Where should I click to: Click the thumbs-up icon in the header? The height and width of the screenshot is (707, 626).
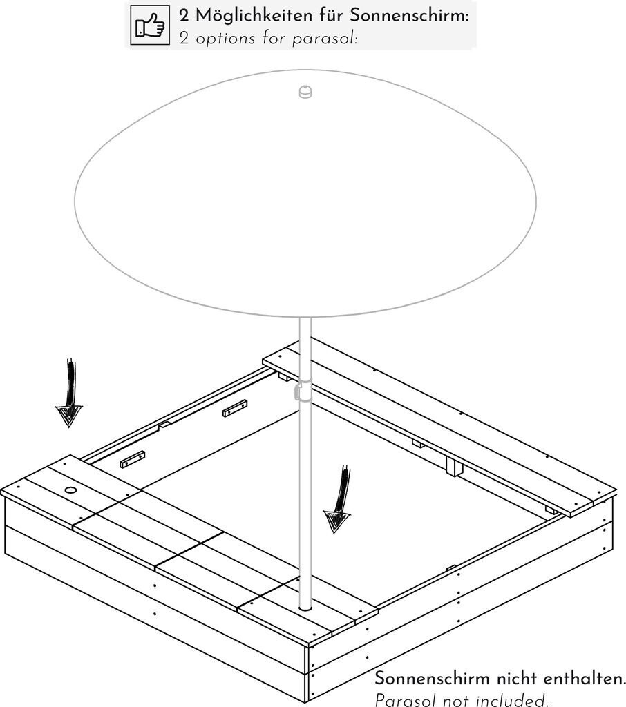tap(150, 26)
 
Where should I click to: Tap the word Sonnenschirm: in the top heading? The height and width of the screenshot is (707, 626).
tap(409, 15)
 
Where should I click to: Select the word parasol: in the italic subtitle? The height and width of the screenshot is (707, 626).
tap(325, 39)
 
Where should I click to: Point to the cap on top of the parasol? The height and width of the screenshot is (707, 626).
tap(305, 92)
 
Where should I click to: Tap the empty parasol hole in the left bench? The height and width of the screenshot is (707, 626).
tap(70, 490)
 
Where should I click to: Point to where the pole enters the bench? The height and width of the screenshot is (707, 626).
tap(305, 608)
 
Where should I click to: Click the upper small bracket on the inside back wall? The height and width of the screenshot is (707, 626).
tap(235, 407)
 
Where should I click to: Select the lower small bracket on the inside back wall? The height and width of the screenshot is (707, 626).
tap(133, 459)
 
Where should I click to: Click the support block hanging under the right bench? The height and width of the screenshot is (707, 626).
tap(455, 466)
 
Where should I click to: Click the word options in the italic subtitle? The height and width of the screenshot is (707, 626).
tap(225, 39)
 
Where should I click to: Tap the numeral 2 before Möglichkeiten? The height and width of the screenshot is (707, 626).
tap(184, 17)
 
